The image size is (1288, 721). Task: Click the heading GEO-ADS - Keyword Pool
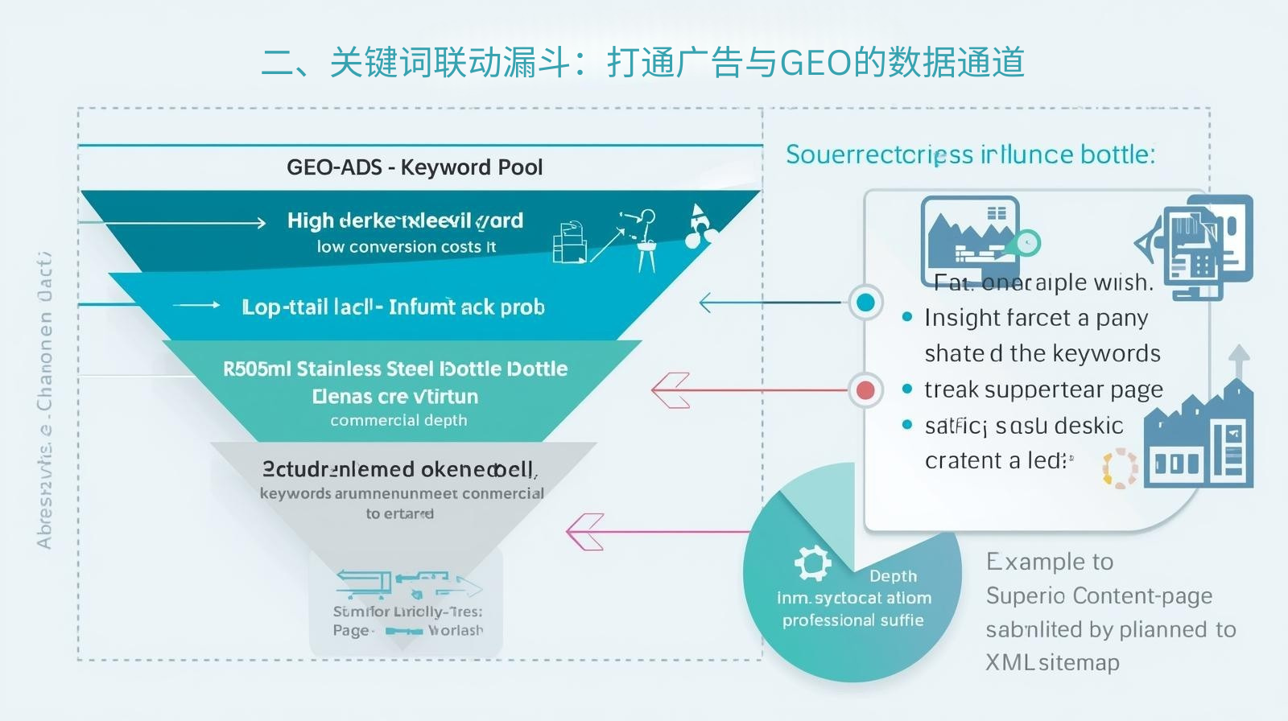[415, 167]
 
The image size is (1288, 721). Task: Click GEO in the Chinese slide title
[815, 63]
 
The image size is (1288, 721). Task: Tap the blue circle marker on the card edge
[865, 303]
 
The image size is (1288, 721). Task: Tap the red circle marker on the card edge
[865, 390]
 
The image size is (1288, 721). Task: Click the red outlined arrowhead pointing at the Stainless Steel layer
[671, 390]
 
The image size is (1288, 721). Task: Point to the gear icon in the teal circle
[812, 562]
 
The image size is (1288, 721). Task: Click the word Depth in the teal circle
[893, 576]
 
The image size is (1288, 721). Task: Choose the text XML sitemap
[1052, 662]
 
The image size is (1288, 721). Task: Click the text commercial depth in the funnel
[398, 420]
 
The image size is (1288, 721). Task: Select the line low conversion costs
[406, 247]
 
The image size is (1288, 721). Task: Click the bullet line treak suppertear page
[1043, 389]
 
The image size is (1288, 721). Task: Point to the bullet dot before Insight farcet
[907, 317]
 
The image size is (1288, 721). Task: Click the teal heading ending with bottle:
[970, 154]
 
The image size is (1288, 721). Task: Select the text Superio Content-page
[1099, 595]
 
